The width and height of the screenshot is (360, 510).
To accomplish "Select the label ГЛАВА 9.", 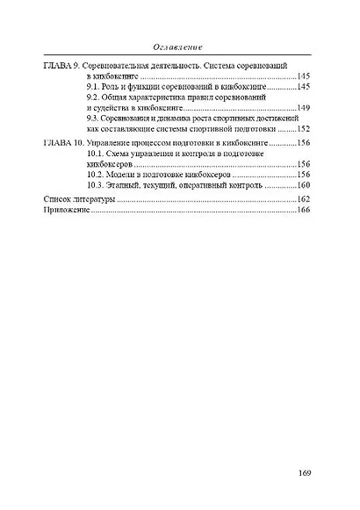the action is coord(62,67).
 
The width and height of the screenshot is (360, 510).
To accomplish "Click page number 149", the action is coord(305,108).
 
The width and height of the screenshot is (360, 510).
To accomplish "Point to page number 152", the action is coord(305,128).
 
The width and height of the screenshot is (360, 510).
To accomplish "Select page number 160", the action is coord(305,184).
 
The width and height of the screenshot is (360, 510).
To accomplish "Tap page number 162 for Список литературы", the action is coord(305,200).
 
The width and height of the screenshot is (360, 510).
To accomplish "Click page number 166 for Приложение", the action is coord(305,212).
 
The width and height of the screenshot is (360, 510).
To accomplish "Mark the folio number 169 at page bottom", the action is coord(305,475).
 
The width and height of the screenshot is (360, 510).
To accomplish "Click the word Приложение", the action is coord(67,212).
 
